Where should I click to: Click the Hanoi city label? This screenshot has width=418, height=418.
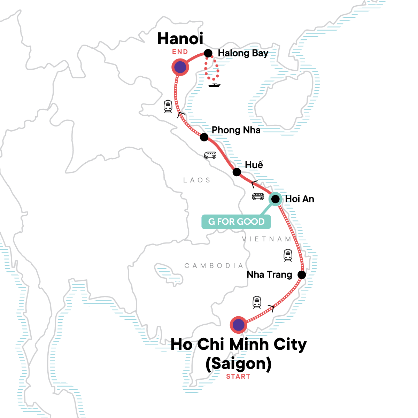pos(180,39)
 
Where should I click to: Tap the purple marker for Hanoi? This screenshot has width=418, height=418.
pos(180,67)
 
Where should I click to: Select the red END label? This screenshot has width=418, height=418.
pos(180,52)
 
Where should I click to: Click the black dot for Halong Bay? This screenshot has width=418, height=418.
pos(208,53)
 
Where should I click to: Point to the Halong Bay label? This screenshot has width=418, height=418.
pos(243,53)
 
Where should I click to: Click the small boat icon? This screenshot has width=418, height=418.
pos(214,85)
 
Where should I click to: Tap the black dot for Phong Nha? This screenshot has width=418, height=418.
pos(204,137)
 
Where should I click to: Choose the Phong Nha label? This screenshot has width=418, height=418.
pos(236,130)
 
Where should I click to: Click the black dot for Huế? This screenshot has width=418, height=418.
pos(237,172)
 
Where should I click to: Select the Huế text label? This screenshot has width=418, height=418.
pos(254,165)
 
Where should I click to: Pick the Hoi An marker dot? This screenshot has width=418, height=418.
pos(275,199)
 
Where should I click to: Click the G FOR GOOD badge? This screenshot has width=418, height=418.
pos(236,222)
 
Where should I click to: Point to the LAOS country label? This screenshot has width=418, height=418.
pos(197,180)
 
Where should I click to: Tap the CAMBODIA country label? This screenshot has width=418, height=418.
pos(214,266)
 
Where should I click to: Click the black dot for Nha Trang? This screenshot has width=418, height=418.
pos(302,274)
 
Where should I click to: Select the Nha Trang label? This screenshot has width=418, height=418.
pos(269,274)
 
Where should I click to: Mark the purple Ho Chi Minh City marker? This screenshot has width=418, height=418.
pos(238,325)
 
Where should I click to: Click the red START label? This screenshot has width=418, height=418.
pos(238,377)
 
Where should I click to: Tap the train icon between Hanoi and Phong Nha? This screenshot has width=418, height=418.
pos(168,106)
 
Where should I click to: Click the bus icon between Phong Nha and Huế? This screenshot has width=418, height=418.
pos(210,155)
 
